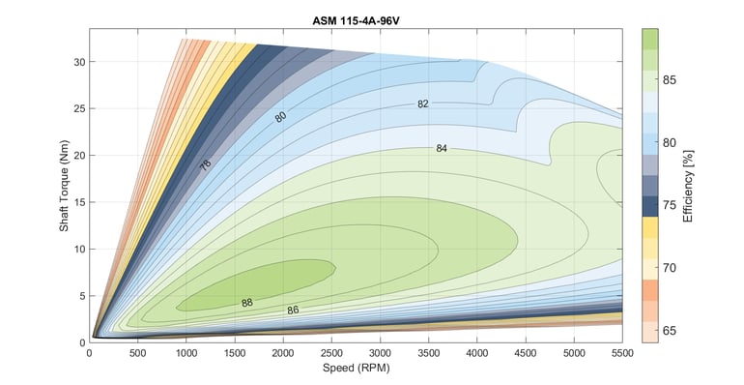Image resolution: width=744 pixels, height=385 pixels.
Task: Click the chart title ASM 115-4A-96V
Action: coord(356,18)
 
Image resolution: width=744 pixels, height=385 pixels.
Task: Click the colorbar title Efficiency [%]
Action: coord(688,185)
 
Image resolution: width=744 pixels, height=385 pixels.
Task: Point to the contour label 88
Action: coord(247,303)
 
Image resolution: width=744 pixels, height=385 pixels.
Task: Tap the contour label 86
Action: coord(293,311)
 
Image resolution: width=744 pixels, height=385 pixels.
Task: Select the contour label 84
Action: coord(442,149)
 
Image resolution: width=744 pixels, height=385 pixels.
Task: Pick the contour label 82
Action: coord(423,104)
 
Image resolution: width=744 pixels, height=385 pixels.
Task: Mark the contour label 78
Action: coord(206,164)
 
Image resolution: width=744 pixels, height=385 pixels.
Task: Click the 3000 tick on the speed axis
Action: coord(381,353)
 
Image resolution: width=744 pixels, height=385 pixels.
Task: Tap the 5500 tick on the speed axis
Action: coord(621,353)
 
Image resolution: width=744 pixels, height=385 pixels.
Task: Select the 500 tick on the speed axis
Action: coord(137,353)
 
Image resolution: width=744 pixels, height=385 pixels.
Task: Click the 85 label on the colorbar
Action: coord(669,80)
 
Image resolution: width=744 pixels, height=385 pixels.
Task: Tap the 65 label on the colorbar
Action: coord(669,331)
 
